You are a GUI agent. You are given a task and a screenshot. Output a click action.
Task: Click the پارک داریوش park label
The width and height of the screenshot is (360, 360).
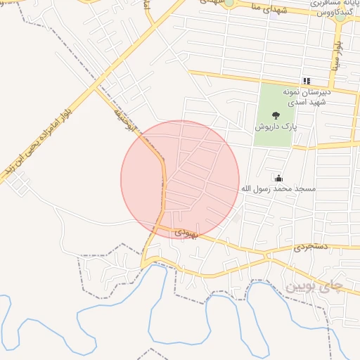point(274,129)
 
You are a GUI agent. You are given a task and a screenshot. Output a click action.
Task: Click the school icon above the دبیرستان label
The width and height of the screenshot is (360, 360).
point(306,82)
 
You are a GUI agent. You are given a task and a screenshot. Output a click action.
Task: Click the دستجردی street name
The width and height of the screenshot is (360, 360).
point(311,247)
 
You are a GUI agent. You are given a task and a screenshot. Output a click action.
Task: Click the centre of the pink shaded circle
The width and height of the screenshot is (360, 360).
point(180,179)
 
